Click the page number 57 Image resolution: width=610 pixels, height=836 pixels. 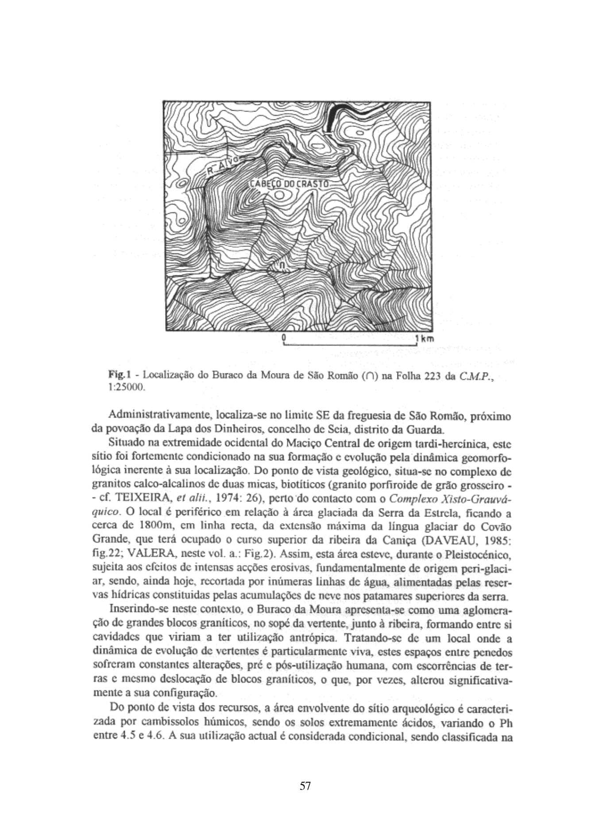(305, 786)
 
